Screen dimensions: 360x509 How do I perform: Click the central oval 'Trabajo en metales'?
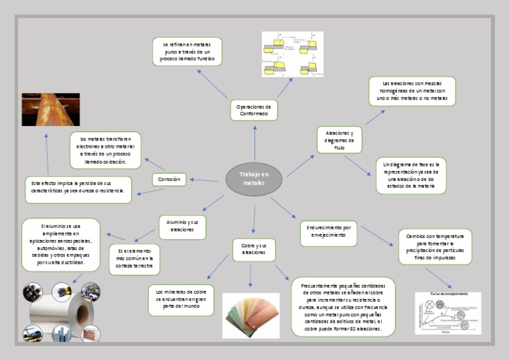(254, 178)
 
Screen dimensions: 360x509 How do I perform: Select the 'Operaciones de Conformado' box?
(254, 110)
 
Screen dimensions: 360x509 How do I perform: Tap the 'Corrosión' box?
(169, 179)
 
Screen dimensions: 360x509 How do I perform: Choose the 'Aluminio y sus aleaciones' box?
(183, 225)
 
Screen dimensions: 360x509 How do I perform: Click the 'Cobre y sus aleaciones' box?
(254, 249)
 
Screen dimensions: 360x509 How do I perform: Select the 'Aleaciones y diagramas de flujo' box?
(339, 140)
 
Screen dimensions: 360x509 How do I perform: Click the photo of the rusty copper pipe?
(50, 109)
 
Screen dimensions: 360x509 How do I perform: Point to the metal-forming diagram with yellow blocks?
(292, 54)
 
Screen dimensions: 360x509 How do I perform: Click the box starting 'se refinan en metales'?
(187, 52)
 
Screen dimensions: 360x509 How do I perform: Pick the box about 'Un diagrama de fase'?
(411, 175)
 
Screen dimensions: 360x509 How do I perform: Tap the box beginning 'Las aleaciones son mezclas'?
(412, 91)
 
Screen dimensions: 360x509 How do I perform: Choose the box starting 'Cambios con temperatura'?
(435, 247)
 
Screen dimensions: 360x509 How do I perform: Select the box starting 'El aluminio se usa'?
(61, 245)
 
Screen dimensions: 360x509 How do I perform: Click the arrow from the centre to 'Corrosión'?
(204, 180)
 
